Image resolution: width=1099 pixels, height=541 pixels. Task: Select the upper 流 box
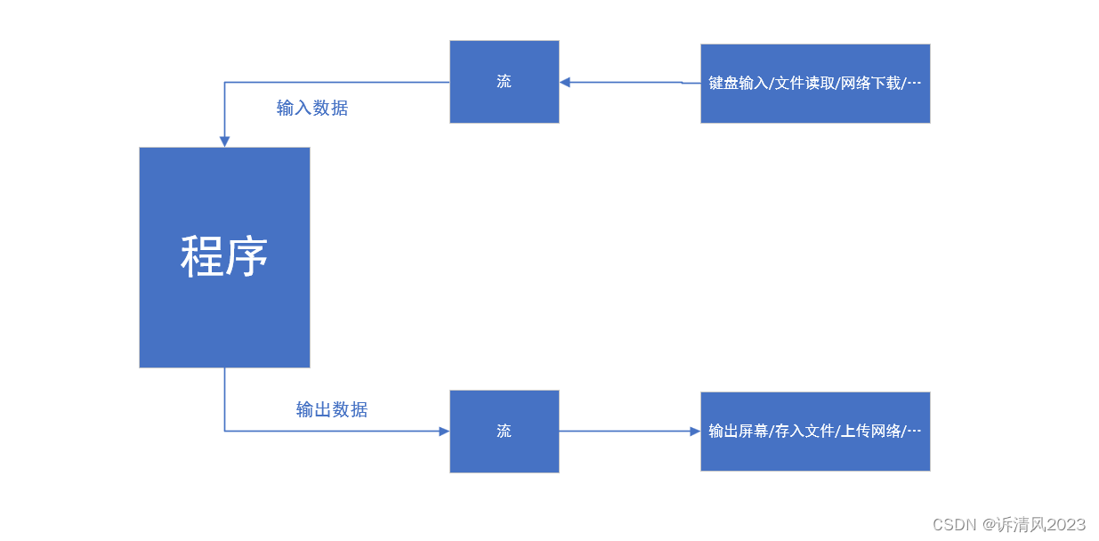point(504,82)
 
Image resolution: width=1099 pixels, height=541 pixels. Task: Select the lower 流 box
point(504,432)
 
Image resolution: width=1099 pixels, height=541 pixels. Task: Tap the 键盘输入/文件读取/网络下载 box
point(815,84)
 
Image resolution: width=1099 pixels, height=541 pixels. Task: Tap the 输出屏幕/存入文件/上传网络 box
point(815,432)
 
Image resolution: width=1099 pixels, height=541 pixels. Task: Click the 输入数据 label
point(312,109)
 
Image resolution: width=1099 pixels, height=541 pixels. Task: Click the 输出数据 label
point(332,410)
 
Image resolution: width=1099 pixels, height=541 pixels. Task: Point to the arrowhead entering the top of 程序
point(224,141)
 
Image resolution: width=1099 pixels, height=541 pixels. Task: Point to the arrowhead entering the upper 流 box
point(565,82)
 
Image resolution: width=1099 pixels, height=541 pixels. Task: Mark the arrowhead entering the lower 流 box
point(443,432)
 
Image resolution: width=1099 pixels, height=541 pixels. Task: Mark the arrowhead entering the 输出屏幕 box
point(695,432)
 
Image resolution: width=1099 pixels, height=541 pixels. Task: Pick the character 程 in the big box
point(202,257)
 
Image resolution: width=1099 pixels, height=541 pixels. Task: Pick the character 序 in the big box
point(246,257)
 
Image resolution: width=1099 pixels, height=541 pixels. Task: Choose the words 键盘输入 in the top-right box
point(737,84)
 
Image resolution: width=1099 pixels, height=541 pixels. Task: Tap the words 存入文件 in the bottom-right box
point(804,432)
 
